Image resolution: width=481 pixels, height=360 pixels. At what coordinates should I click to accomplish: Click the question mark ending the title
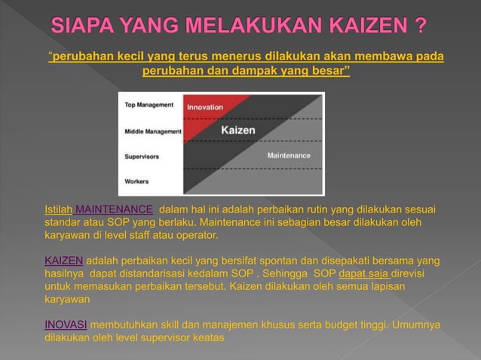point(419,28)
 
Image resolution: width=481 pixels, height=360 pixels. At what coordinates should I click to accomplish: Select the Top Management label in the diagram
point(149,105)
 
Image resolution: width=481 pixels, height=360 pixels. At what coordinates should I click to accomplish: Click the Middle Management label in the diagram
point(153,131)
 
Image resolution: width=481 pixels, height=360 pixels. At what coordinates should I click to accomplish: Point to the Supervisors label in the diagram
point(142,157)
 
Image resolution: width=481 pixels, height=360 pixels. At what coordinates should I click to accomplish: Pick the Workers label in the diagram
point(136,182)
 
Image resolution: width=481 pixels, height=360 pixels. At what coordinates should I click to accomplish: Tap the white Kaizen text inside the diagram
point(237,130)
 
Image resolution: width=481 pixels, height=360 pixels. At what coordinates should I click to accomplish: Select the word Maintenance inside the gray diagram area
point(289,155)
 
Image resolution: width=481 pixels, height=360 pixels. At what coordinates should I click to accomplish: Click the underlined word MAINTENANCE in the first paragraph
point(115,209)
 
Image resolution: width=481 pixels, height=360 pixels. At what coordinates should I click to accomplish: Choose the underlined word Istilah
point(59,209)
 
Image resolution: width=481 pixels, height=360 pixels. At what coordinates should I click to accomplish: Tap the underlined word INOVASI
point(66,325)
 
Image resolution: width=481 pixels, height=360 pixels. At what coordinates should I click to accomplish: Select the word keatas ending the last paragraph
point(207,338)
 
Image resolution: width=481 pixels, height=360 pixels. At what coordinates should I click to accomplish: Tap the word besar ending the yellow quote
point(329,71)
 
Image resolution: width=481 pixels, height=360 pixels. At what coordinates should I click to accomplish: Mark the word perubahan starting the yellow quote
point(79,56)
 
